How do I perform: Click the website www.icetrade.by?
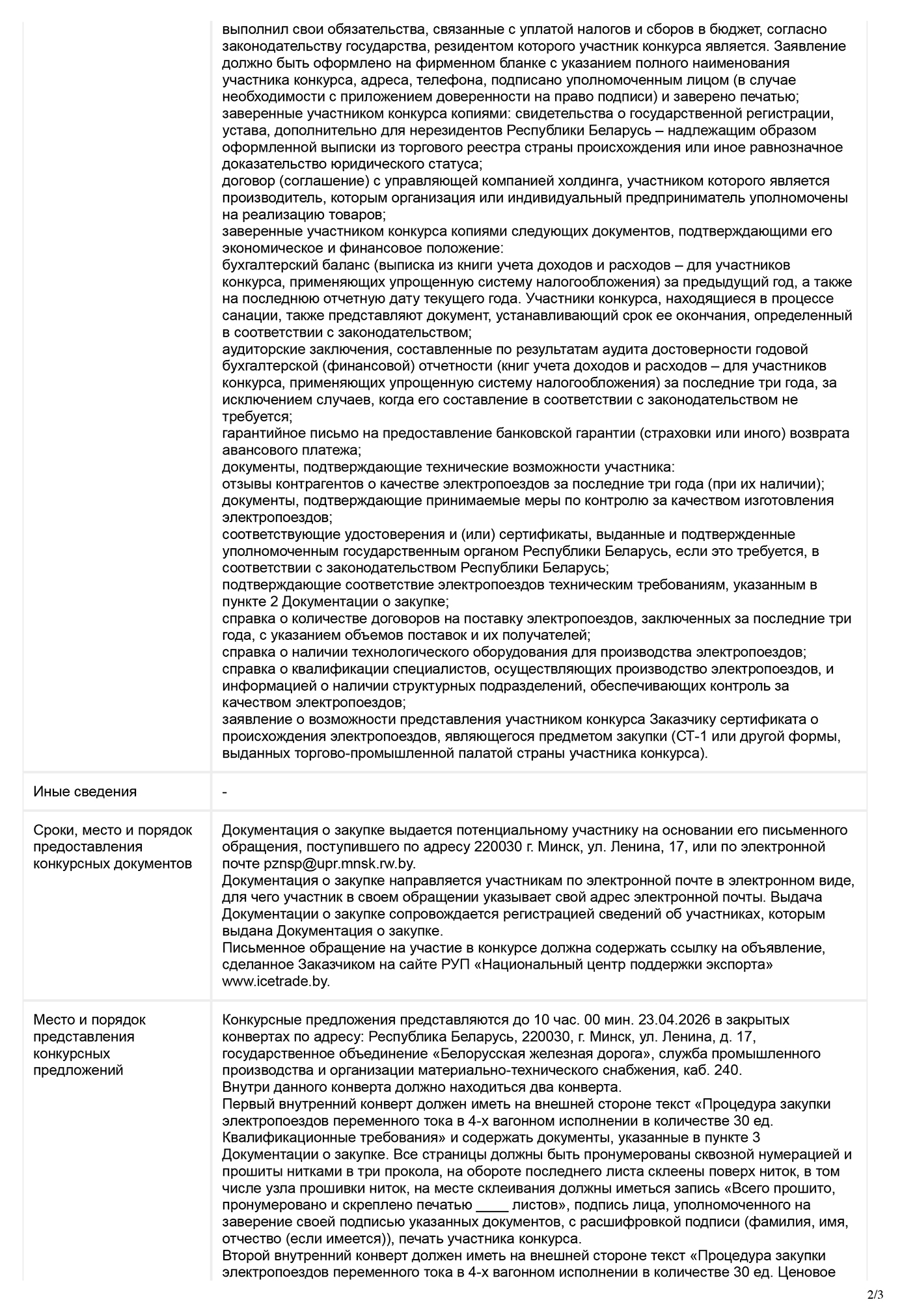point(276,981)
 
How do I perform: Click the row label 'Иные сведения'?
point(85,792)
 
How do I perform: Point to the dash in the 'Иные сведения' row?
point(225,792)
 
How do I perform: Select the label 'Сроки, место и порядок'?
point(113,830)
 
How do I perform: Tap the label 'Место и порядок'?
point(90,1019)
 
